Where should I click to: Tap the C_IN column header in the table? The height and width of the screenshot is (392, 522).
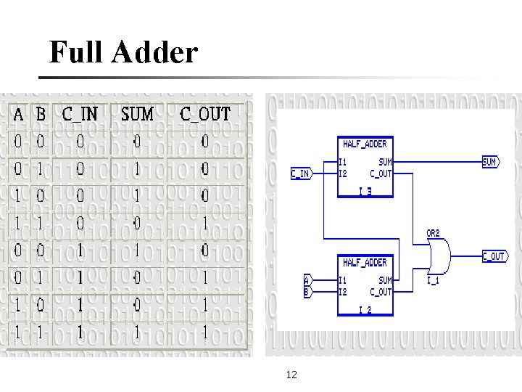(80, 115)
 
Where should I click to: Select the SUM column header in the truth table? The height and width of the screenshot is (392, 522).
(137, 115)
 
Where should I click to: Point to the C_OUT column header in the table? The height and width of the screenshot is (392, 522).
(204, 115)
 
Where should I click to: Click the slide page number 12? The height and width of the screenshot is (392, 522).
(292, 375)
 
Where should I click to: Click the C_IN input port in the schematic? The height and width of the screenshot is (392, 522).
(300, 173)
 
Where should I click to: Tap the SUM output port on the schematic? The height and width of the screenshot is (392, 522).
(491, 163)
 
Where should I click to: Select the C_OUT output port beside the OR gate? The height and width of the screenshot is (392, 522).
(494, 256)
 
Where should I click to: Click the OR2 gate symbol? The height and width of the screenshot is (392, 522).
(438, 256)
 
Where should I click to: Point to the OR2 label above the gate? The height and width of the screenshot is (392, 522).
(432, 234)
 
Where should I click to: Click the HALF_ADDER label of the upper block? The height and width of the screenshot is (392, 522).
(365, 144)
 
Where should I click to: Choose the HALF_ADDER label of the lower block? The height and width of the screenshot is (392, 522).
(365, 262)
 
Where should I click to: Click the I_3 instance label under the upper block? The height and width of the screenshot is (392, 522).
(365, 192)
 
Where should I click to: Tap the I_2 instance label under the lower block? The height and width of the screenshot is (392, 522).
(365, 310)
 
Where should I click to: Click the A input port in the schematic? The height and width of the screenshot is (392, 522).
(307, 279)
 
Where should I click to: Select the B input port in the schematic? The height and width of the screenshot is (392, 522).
(307, 292)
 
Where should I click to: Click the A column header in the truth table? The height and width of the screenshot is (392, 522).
(19, 115)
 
